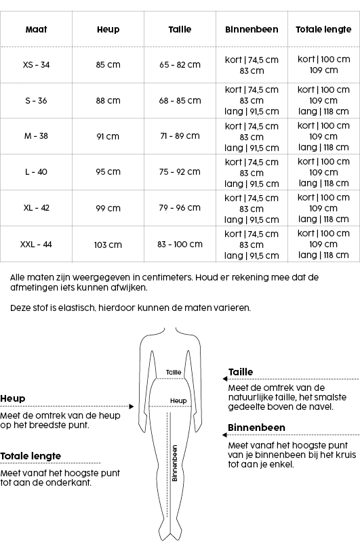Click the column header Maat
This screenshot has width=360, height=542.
36,30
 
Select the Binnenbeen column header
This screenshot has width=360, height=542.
252,30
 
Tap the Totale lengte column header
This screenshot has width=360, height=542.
323,30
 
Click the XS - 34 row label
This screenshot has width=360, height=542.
36,65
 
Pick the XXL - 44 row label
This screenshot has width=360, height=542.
36,245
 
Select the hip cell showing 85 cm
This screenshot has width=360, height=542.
108,65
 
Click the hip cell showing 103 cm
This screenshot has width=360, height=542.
108,245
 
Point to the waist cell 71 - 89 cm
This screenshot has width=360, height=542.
180,136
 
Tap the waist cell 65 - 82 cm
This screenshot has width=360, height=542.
180,65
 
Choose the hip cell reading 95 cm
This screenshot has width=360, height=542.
108,172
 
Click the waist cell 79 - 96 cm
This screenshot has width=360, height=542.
180,208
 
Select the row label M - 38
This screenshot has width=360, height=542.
36,136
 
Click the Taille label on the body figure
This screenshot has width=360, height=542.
174,372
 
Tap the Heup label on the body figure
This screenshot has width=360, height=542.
178,401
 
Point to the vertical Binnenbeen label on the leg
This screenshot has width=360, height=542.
174,463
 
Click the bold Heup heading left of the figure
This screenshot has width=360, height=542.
12,398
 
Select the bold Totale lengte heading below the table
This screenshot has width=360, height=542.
31,456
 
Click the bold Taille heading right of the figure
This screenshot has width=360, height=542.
241,372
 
